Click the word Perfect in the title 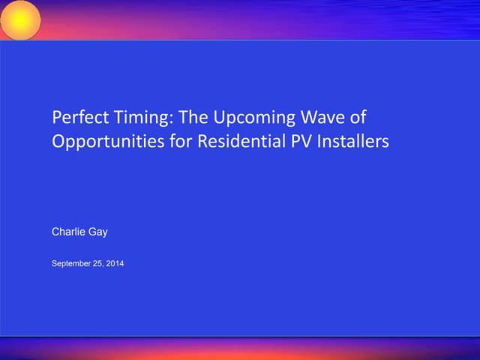(x=76, y=118)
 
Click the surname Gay (x=98, y=232)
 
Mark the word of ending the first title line (x=361, y=118)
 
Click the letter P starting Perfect (x=56, y=118)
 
